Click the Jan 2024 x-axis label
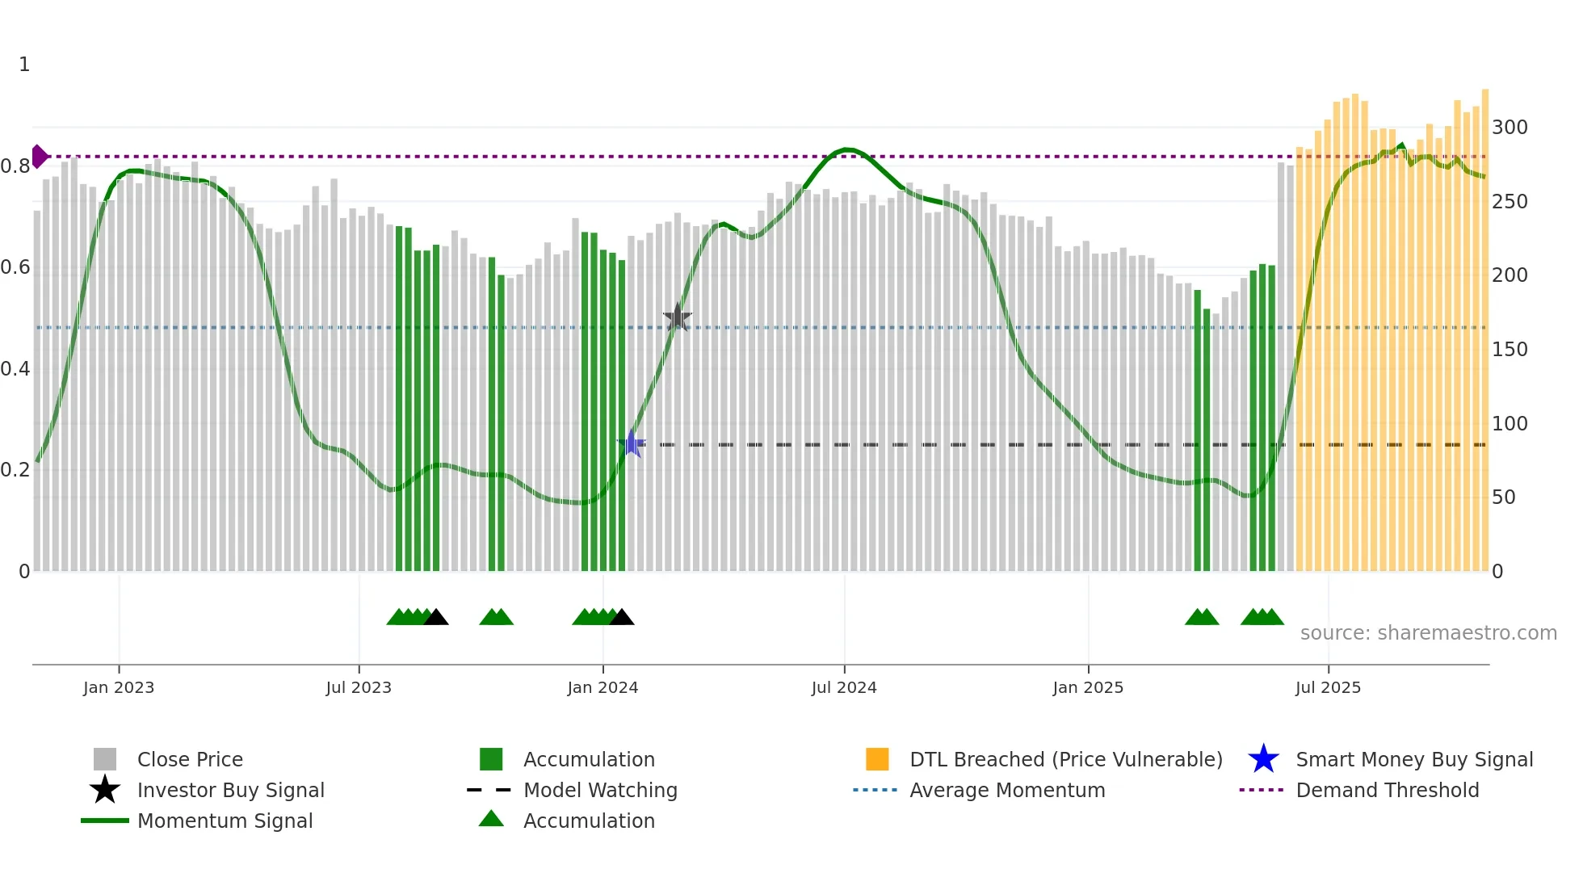[x=603, y=687]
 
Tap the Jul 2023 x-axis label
[x=359, y=687]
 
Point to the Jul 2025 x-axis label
[x=1328, y=687]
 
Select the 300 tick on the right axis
[x=1510, y=128]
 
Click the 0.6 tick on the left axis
[x=15, y=267]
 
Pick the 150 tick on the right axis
[x=1510, y=350]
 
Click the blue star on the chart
[x=631, y=444]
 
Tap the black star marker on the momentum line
[x=677, y=318]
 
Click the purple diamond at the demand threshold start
[x=39, y=157]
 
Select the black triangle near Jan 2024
[x=621, y=618]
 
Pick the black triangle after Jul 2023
[x=436, y=618]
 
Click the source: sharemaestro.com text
[x=1428, y=633]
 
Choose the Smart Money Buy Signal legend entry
[x=1413, y=759]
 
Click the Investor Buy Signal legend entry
[x=230, y=790]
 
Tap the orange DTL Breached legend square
[x=877, y=759]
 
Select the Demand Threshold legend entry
[x=1387, y=790]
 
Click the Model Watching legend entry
[x=599, y=790]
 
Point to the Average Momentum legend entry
[x=1006, y=790]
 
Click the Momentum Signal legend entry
[x=225, y=821]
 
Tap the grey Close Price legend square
[x=105, y=759]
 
